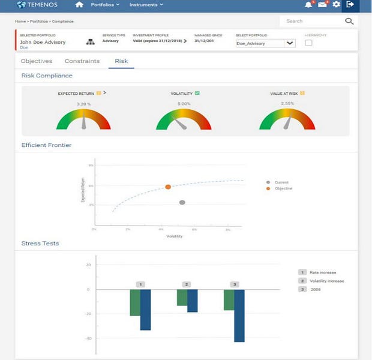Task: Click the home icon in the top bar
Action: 79,5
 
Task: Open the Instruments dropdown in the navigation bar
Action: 146,5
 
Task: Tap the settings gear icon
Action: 337,5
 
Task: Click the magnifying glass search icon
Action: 349,21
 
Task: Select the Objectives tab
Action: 37,61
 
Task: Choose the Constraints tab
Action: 82,61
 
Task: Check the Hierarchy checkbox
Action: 308,43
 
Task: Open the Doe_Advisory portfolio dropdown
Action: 265,43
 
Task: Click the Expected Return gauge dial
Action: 83,119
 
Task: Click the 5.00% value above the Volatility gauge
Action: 184,104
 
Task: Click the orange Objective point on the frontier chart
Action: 168,187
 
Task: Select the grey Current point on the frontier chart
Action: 182,203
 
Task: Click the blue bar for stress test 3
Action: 240,316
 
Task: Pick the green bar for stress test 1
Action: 135,302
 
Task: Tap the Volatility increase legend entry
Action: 326,281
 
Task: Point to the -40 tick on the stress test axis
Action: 88,338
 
